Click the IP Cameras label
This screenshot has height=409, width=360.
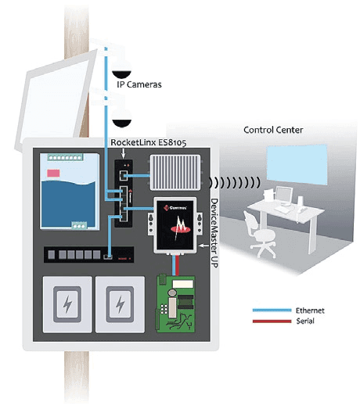coord(139,84)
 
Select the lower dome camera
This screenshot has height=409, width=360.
coord(121,118)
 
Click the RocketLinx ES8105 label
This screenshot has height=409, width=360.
coord(149,142)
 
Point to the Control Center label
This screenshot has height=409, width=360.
coord(273,130)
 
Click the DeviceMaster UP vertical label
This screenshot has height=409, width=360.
coord(214,233)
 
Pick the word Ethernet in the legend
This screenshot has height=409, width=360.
coord(310,310)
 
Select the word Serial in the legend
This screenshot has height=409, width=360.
coord(305,321)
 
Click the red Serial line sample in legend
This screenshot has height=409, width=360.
coord(272,321)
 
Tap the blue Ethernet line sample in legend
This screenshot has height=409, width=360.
coord(272,310)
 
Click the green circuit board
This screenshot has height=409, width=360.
coord(175,304)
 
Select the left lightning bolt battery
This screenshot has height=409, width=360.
coord(67,304)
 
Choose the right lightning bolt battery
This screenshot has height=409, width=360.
coord(120,304)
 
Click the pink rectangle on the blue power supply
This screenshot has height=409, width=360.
coord(53,173)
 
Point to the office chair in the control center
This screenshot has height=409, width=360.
coord(260,235)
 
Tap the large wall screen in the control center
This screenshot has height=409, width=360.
coord(297,164)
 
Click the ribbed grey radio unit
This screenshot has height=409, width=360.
coord(175,172)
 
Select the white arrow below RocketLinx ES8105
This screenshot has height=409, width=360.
coord(123,152)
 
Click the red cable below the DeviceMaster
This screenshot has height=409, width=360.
coord(177,265)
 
